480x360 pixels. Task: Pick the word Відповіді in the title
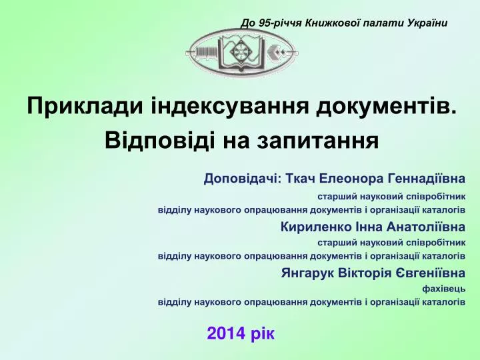click(159, 140)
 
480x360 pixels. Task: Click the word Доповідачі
click(243, 179)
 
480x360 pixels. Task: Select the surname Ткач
click(300, 178)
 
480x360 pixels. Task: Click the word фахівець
click(444, 289)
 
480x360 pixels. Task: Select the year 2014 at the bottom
click(227, 333)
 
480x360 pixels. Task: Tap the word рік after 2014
click(263, 334)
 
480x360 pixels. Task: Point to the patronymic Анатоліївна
click(426, 227)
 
